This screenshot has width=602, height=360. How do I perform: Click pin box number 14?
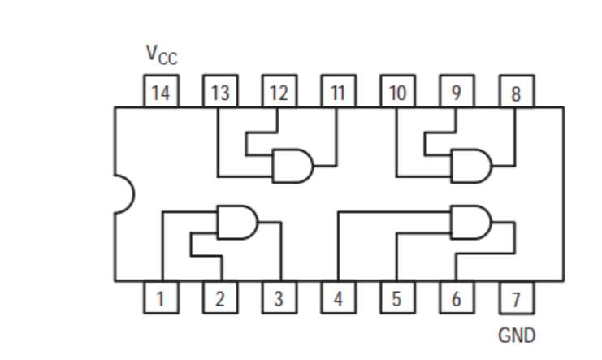(161, 92)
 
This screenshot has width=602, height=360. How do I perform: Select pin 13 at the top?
(219, 92)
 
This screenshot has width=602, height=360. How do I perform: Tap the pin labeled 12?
(279, 92)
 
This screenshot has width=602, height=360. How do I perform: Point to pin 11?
(337, 92)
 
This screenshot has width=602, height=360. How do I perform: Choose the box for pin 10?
(396, 92)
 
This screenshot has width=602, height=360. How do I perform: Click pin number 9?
(456, 92)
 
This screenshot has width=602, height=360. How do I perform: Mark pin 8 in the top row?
(515, 92)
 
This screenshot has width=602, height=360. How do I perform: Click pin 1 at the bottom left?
(161, 297)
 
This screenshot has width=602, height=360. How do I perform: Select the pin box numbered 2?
(219, 297)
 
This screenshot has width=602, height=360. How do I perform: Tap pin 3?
(279, 297)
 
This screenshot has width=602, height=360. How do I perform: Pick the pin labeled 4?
(337, 297)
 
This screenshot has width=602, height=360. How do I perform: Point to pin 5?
(396, 297)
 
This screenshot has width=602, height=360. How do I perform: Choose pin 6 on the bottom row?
(456, 297)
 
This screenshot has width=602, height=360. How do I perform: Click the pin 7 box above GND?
(515, 297)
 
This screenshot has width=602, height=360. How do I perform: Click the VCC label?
(161, 55)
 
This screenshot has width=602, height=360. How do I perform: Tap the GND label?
(517, 334)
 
